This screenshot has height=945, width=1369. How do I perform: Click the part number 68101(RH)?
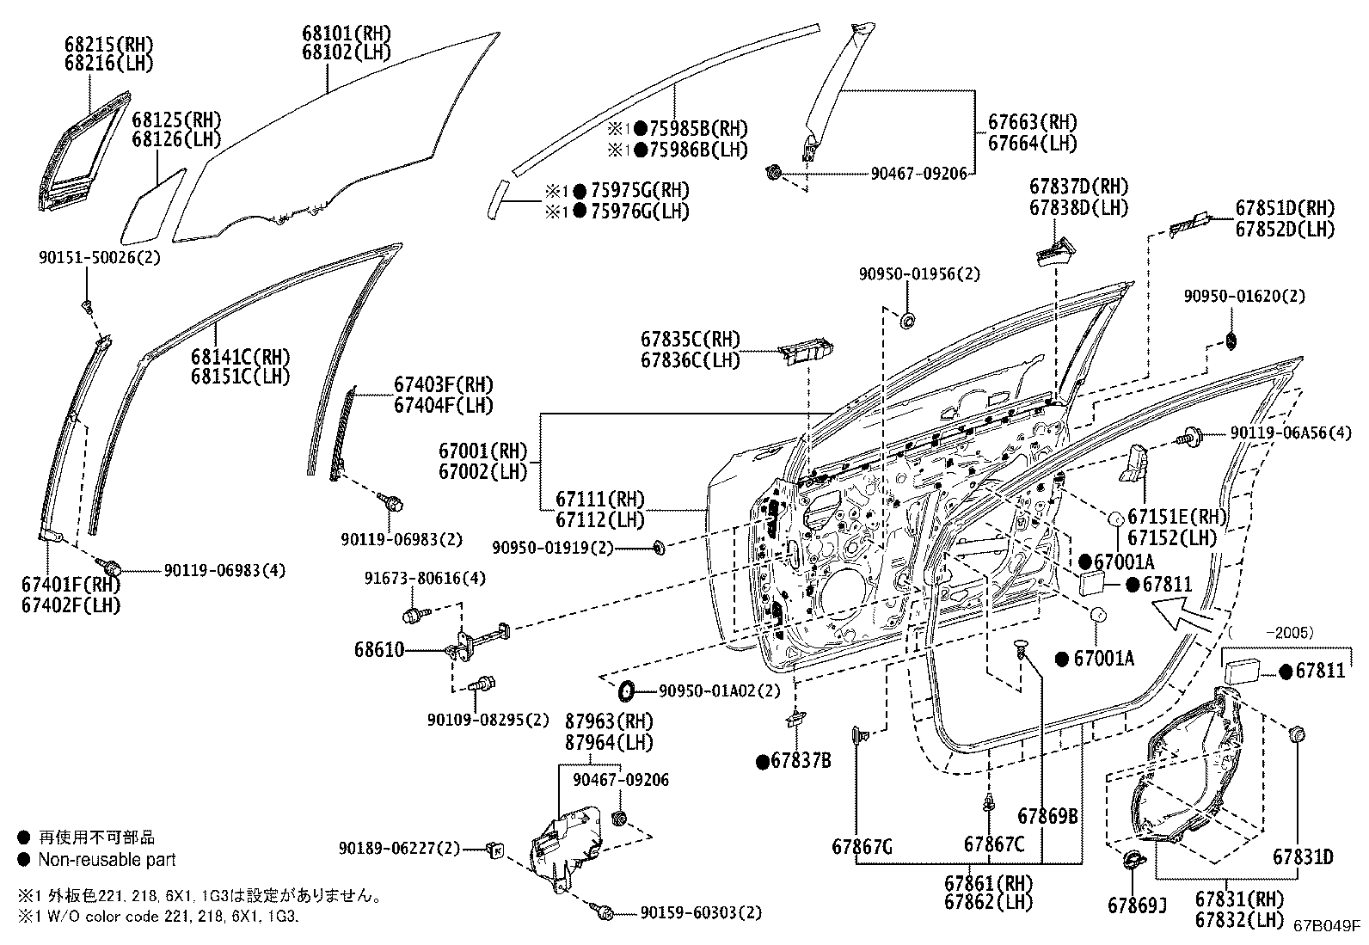click(346, 34)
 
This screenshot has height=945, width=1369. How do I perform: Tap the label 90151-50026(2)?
click(100, 257)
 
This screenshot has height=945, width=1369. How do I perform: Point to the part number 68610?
click(378, 650)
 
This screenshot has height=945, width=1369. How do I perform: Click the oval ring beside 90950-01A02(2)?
click(628, 689)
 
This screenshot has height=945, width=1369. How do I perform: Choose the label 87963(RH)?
click(609, 721)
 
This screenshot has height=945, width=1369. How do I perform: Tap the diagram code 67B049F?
click(1327, 926)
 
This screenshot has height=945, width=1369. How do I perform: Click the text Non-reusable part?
click(107, 859)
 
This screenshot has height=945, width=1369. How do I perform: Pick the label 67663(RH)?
click(1032, 122)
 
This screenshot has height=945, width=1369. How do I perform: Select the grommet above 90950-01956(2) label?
click(906, 322)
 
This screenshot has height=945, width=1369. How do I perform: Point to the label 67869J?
click(1137, 905)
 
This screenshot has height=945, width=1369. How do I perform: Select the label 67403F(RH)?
click(444, 384)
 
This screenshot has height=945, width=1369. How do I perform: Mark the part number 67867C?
click(993, 844)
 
